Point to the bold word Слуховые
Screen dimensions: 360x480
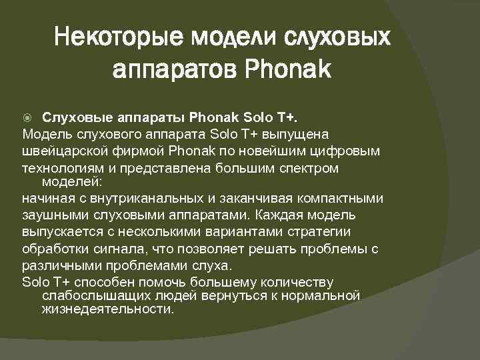[x=73, y=118]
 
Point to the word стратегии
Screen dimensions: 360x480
[x=322, y=232]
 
